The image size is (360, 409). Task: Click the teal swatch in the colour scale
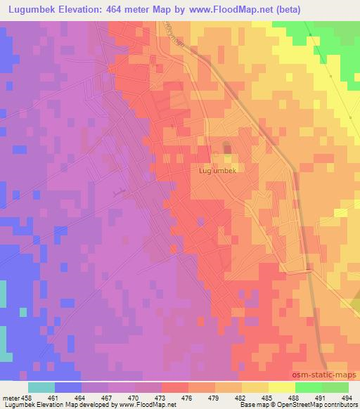41,387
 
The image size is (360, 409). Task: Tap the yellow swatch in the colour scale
282,387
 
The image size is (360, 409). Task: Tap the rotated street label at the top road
169,33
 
